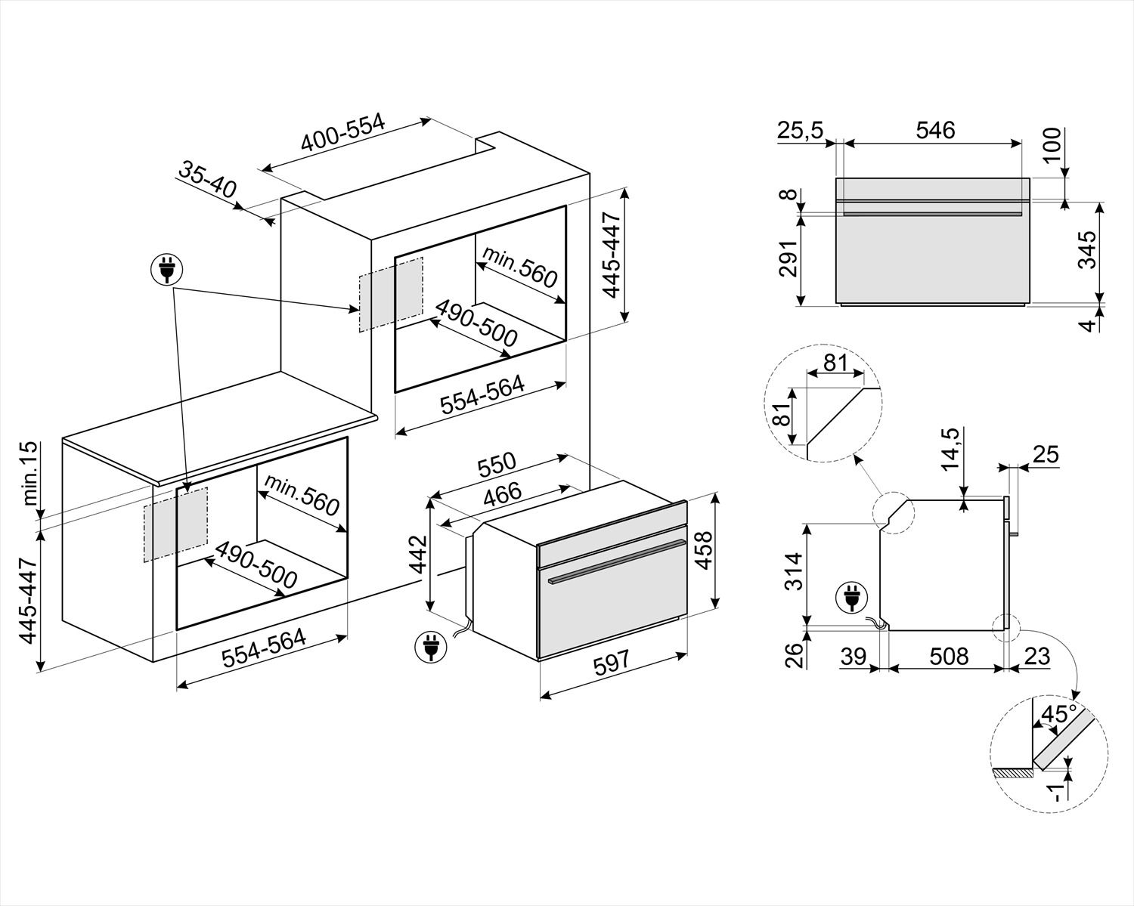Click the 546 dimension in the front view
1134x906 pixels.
[935, 129]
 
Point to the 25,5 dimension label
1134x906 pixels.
[799, 130]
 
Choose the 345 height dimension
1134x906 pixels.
[1086, 250]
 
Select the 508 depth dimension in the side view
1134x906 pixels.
[948, 655]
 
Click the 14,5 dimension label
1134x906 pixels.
[950, 450]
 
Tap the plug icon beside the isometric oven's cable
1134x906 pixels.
[430, 648]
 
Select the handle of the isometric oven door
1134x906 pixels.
[617, 561]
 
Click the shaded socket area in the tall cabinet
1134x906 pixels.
[391, 294]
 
